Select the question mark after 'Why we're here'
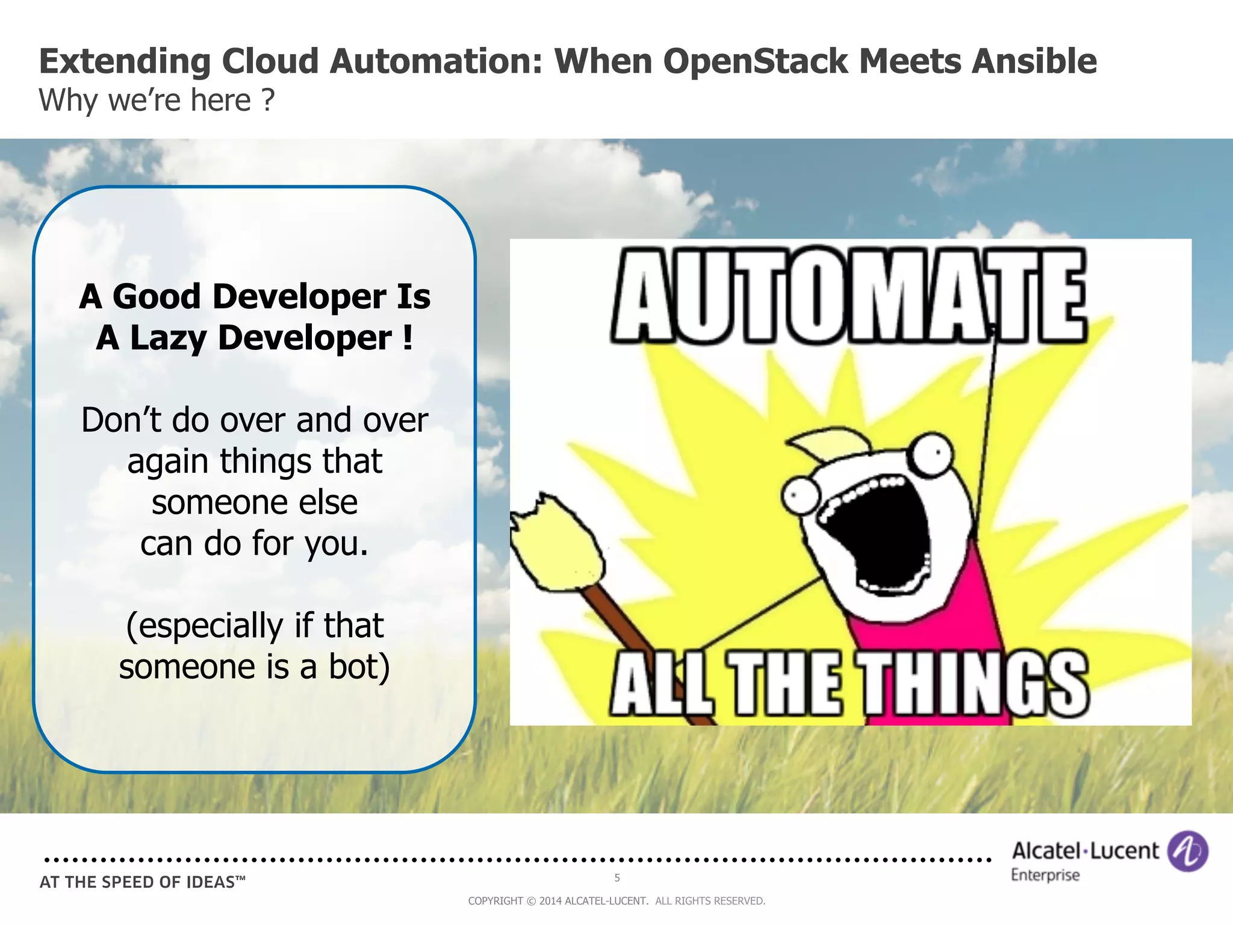click(x=268, y=100)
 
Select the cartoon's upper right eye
click(x=931, y=455)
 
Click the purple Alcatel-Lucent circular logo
click(x=1187, y=851)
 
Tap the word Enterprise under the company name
click(x=1045, y=875)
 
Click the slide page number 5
click(x=617, y=877)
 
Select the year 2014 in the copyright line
click(x=550, y=901)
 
